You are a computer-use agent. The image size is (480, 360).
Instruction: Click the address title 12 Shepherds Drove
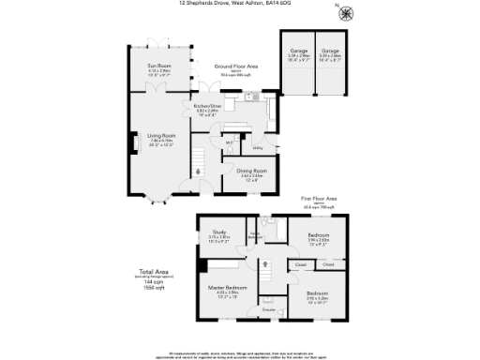click(x=239, y=4)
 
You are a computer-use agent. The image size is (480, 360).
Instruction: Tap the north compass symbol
click(x=348, y=13)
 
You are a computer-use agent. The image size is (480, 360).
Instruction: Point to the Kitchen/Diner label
click(x=206, y=107)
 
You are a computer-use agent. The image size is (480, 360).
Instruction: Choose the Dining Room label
click(x=252, y=171)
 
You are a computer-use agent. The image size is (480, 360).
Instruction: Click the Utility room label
click(x=258, y=148)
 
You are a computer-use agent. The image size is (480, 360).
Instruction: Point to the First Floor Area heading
click(x=318, y=200)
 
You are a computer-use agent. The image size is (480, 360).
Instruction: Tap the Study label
click(x=219, y=232)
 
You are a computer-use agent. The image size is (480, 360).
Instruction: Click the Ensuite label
click(x=267, y=308)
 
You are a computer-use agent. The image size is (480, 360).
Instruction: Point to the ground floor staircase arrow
click(x=198, y=170)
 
